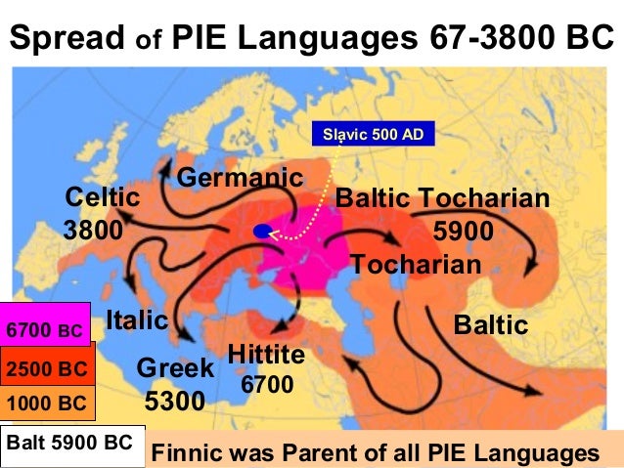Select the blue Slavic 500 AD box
[x=374, y=133]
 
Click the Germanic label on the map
[x=241, y=178]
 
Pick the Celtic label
[x=102, y=197]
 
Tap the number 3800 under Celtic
[x=92, y=231]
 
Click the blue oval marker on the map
[x=262, y=232]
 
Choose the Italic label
[x=137, y=319]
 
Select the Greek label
[x=175, y=367]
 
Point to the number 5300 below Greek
[x=175, y=400]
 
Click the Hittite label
[x=266, y=354]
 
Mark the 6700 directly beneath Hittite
[x=267, y=385]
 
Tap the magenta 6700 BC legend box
[x=46, y=329]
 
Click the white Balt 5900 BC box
[x=71, y=443]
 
